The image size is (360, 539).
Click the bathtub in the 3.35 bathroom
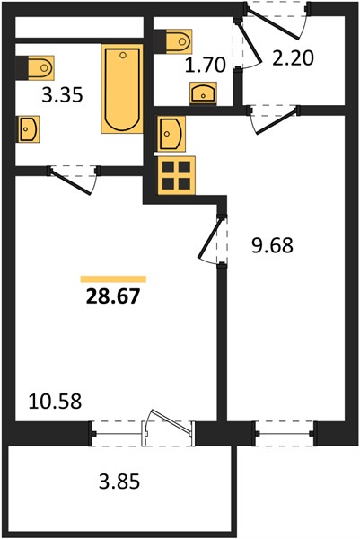tap(122, 89)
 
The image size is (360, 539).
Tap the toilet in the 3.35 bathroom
tap(35, 67)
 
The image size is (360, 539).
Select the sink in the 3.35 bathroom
tap(28, 129)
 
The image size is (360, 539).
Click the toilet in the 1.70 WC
tap(172, 41)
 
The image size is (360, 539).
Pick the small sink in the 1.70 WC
tap(203, 93)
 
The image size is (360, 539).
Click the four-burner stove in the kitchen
tap(177, 176)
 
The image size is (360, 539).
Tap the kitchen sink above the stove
tap(171, 134)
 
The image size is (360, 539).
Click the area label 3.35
tap(62, 95)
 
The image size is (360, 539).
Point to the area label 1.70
tap(205, 65)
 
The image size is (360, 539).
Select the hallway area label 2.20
tap(293, 58)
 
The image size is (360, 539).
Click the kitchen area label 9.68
tap(272, 245)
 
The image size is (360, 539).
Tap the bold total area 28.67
tap(113, 296)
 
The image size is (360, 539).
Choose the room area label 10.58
tap(55, 402)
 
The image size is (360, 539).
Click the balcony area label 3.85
tap(119, 482)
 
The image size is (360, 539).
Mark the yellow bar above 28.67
tap(113, 279)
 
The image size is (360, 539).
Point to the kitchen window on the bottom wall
tap(285, 434)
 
